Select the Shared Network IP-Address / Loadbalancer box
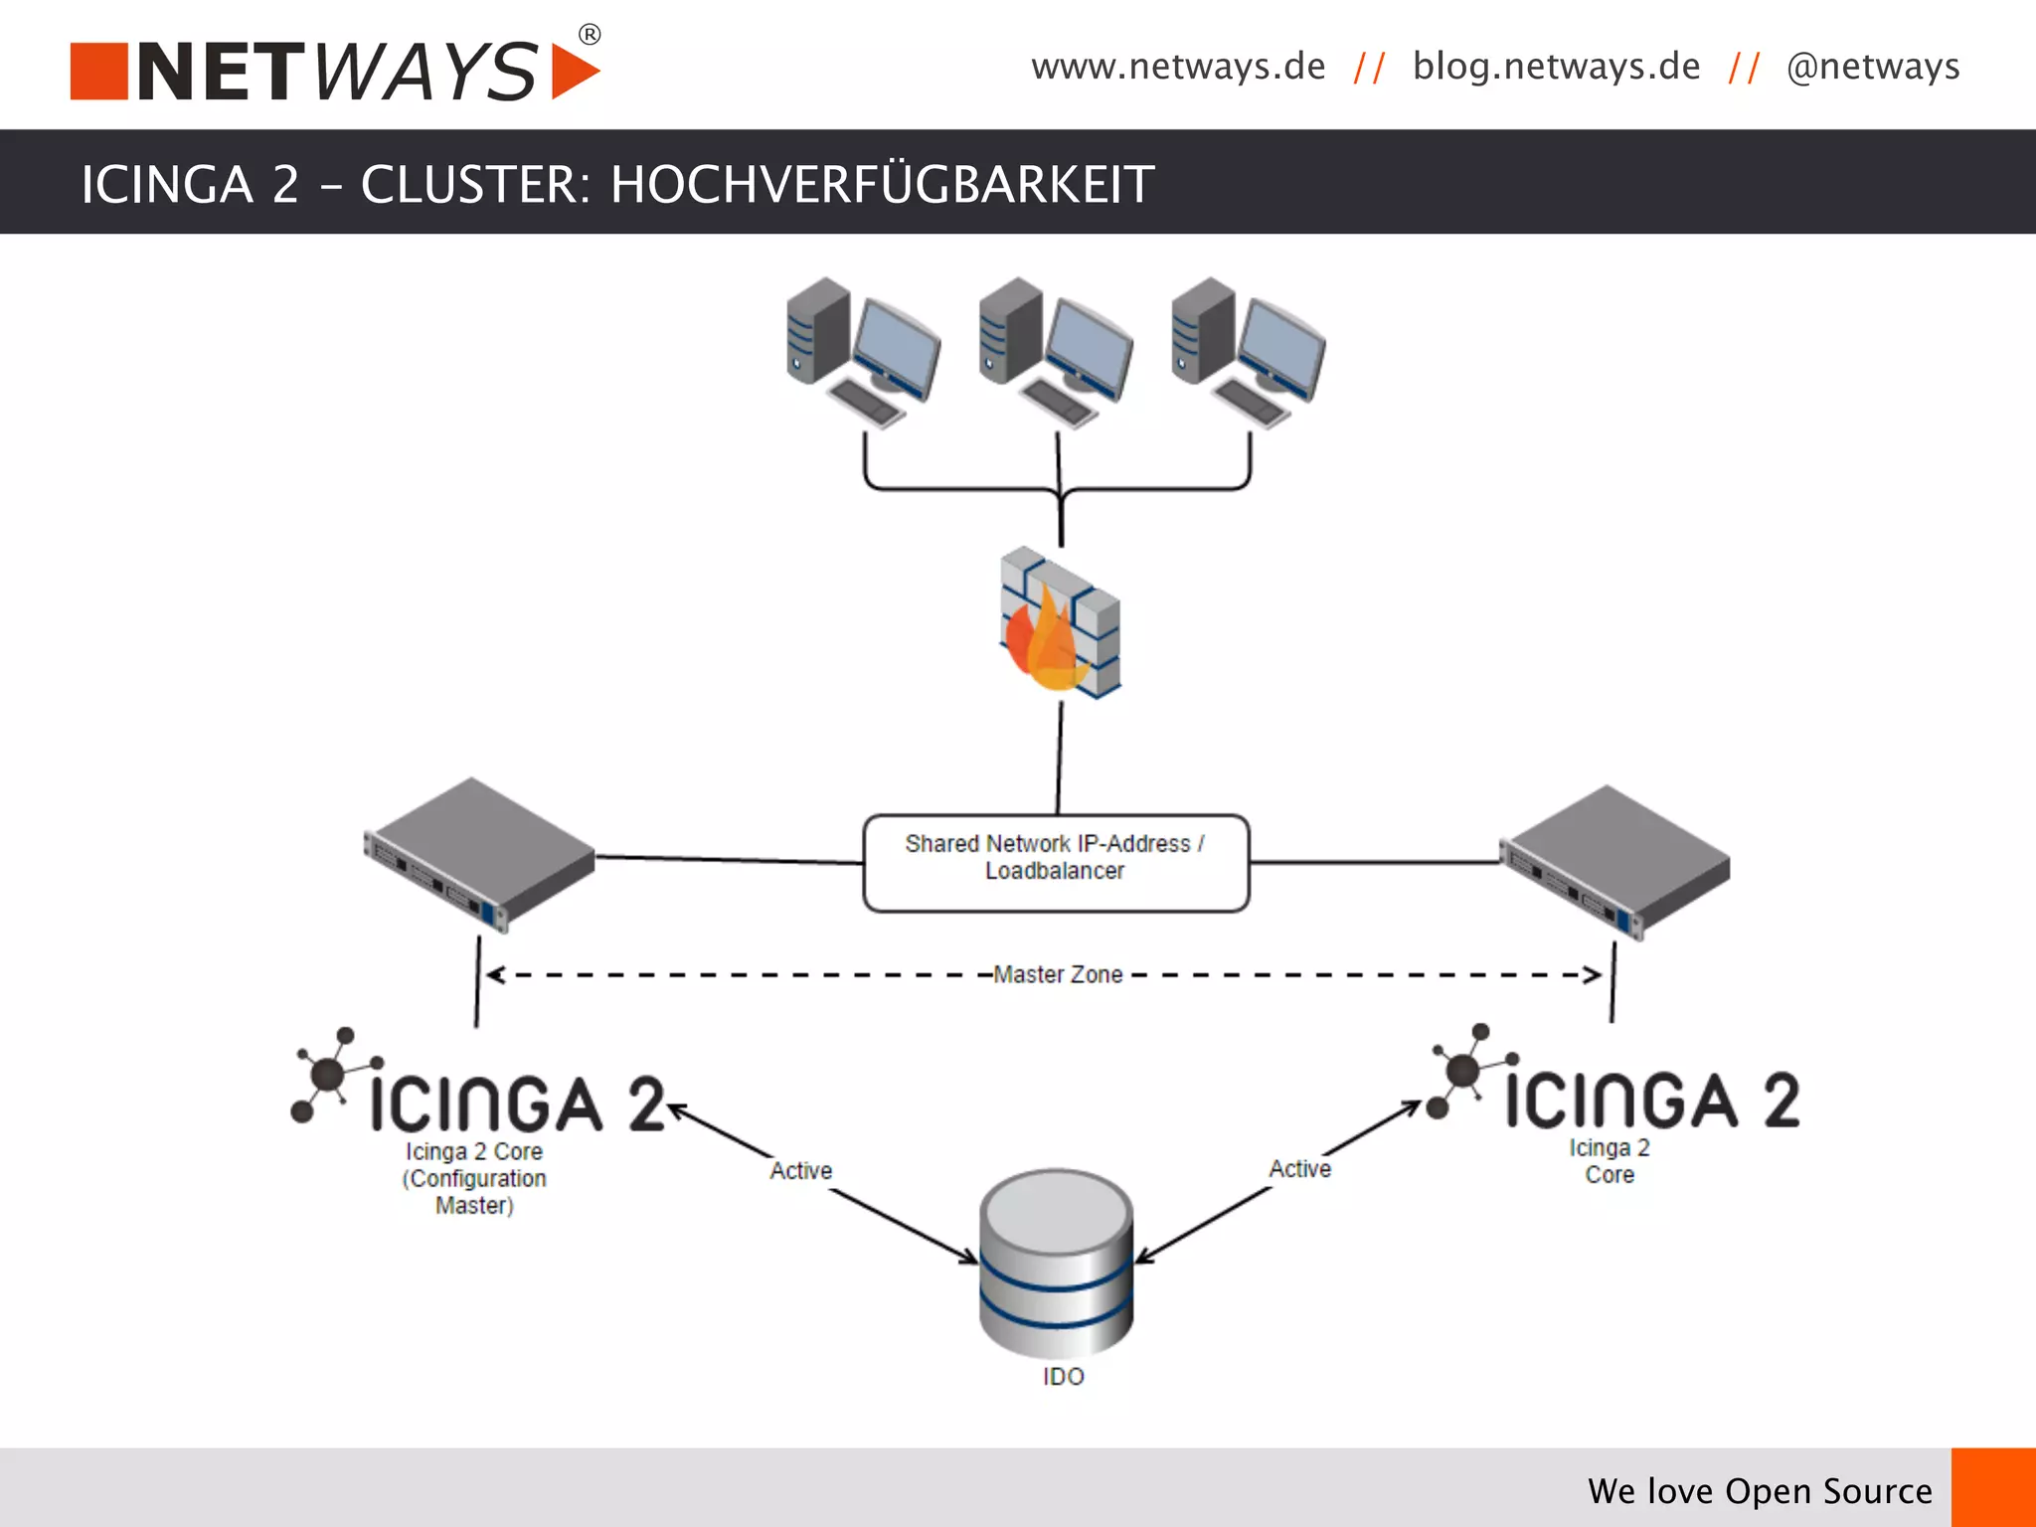click(1056, 862)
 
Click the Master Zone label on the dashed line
click(1058, 974)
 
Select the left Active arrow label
click(801, 1170)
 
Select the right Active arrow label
click(1299, 1168)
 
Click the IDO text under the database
click(1063, 1376)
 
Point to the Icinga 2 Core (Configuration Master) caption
click(474, 1178)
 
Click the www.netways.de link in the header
click(1178, 67)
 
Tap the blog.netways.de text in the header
click(1556, 67)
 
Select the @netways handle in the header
click(1873, 67)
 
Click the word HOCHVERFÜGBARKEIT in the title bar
click(882, 184)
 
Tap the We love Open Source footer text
click(1760, 1490)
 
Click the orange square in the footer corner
click(1993, 1487)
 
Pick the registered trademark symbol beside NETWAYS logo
click(590, 35)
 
